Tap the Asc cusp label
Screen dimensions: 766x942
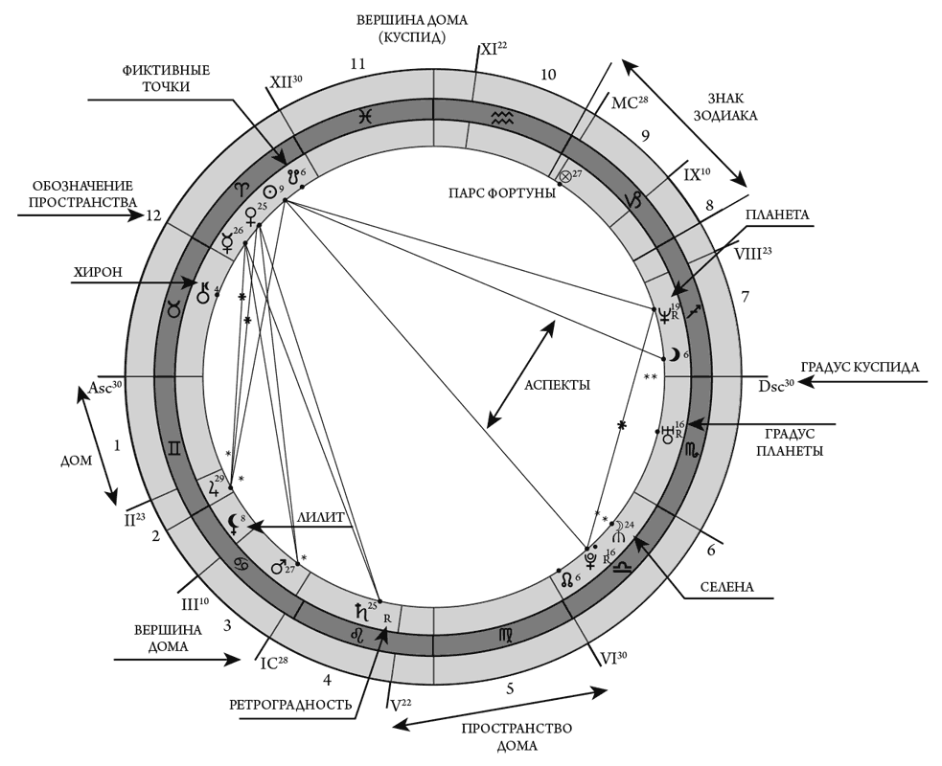pyautogui.click(x=105, y=387)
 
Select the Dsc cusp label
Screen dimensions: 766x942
pyautogui.click(x=776, y=386)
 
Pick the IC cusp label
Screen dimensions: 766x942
pyautogui.click(x=274, y=660)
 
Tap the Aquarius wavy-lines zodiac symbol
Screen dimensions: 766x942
pyautogui.click(x=502, y=118)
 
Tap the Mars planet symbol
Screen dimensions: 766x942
pyautogui.click(x=279, y=567)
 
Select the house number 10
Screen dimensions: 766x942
pyautogui.click(x=548, y=74)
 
